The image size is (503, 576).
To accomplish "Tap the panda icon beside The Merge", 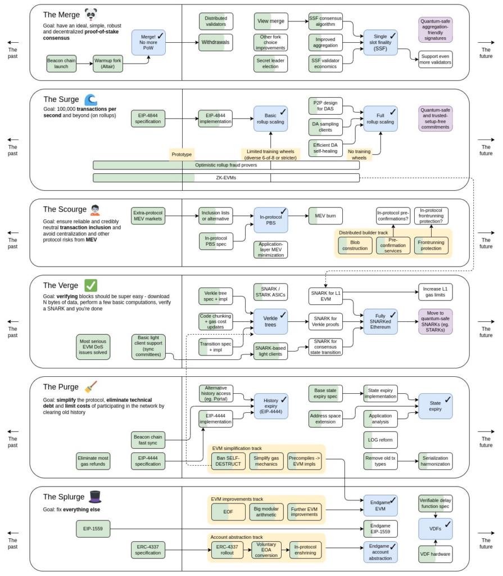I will [91, 15].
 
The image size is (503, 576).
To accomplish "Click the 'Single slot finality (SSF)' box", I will [380, 43].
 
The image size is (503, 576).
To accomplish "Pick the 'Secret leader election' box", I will [270, 64].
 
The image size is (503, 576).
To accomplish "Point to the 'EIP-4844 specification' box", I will [148, 119].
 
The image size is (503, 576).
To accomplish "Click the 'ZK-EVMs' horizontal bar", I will [226, 178].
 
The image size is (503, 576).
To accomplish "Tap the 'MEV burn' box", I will [325, 215].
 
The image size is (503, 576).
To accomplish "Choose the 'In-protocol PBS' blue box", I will [270, 219].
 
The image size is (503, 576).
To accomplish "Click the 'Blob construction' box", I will [355, 245].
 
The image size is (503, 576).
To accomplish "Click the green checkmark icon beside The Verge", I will [90, 285].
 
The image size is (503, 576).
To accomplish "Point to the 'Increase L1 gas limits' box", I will [435, 291].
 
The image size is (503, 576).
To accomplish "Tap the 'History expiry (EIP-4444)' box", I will [270, 406].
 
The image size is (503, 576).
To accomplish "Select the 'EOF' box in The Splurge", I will [228, 512].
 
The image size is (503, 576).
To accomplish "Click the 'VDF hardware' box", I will [435, 554].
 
